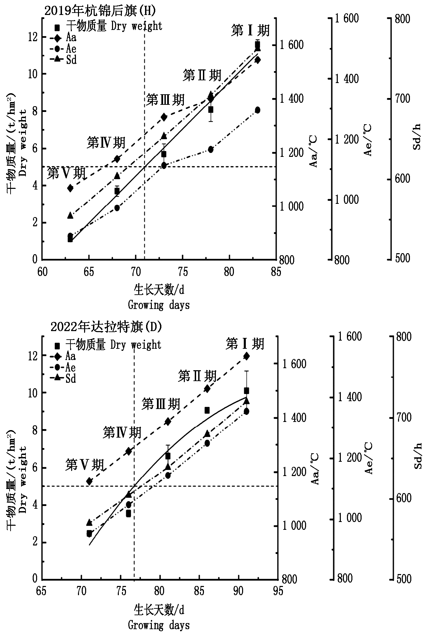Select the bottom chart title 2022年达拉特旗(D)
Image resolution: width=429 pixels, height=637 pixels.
tap(106, 327)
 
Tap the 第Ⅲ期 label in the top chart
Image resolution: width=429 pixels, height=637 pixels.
tap(165, 100)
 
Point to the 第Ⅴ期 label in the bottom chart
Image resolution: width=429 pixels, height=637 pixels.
tap(84, 465)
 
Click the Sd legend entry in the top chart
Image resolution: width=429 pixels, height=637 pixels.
tap(71, 60)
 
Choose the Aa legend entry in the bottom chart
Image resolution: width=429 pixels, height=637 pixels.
tap(70, 356)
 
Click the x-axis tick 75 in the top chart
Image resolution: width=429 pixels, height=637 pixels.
tap(182, 272)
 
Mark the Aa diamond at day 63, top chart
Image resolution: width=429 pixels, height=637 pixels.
tap(70, 188)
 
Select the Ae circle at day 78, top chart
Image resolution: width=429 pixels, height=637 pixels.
tap(210, 149)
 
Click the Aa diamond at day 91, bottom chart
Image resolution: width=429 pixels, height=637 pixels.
tap(247, 356)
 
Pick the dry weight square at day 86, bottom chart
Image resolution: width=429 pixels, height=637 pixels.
tap(207, 410)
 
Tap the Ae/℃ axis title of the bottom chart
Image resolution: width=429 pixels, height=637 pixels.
tap(368, 458)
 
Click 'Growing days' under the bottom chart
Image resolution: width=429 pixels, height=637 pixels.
tap(159, 625)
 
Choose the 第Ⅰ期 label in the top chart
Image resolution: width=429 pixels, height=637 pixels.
tap(250, 31)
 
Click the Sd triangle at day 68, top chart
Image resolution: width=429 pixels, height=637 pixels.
tap(117, 176)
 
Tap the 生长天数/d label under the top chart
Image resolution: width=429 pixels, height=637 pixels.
tap(159, 290)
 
